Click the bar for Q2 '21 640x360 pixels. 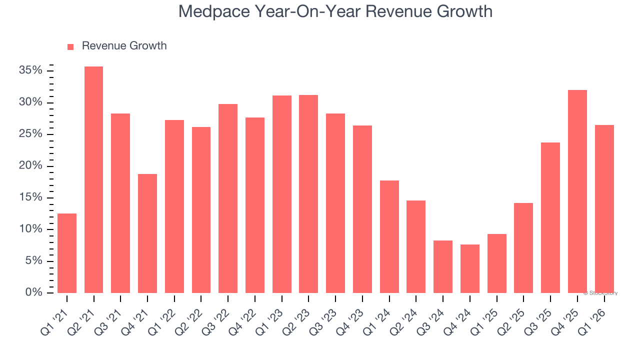click(93, 179)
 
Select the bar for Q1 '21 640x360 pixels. click(67, 253)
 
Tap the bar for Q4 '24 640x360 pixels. click(470, 268)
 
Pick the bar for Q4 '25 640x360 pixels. click(577, 191)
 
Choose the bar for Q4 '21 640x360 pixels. click(147, 233)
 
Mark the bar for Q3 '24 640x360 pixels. click(443, 266)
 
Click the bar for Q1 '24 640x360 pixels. click(389, 236)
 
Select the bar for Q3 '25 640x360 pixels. click(550, 217)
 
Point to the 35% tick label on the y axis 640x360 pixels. click(30, 70)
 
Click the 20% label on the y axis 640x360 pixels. click(30, 166)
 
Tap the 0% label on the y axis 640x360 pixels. click(33, 292)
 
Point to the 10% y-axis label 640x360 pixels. click(30, 229)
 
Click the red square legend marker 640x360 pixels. click(70, 46)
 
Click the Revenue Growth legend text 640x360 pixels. click(124, 46)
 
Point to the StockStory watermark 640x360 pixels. click(600, 293)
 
